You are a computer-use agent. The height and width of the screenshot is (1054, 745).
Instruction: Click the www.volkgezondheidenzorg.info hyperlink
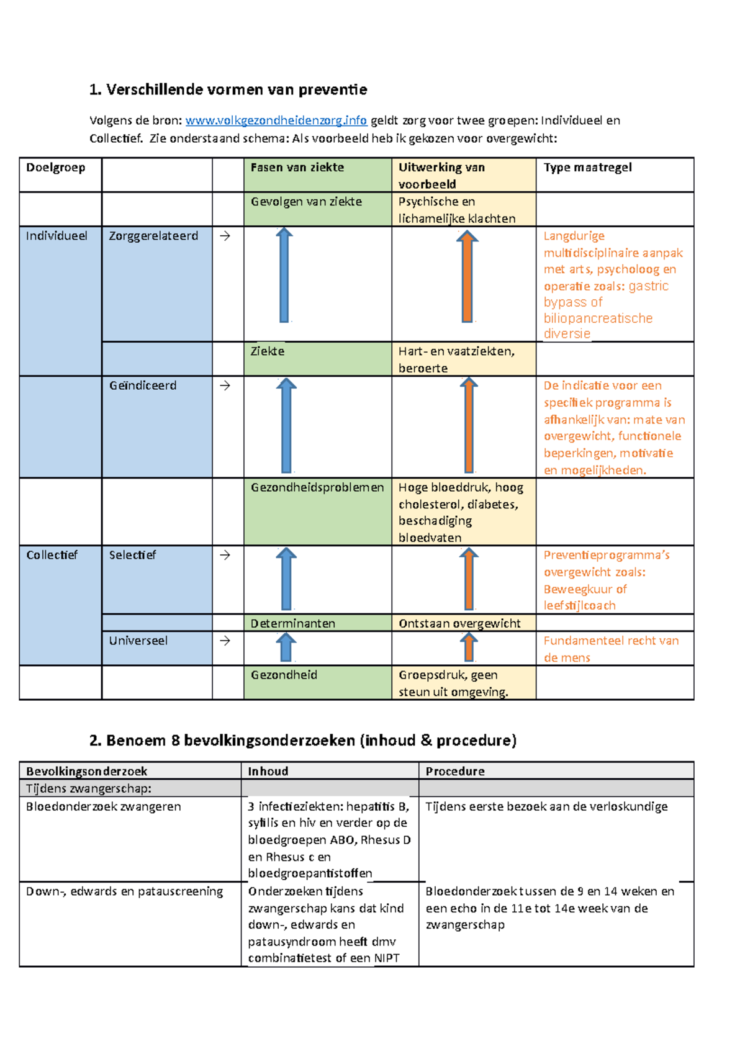[276, 120]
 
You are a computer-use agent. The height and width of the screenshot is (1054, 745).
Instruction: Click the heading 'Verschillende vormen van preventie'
[228, 89]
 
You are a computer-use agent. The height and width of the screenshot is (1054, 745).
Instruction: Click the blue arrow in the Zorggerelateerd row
[284, 275]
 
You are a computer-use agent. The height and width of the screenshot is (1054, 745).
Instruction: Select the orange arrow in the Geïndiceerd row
[469, 425]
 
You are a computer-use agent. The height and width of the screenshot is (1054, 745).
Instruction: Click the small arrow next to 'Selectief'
[225, 555]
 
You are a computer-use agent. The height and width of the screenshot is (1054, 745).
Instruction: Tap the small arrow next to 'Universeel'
[225, 641]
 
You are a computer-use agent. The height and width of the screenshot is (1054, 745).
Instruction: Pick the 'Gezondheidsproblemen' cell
[317, 488]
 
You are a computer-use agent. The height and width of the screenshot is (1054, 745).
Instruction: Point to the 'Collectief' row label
[52, 555]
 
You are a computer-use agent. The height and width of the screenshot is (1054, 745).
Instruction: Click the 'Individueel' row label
[56, 236]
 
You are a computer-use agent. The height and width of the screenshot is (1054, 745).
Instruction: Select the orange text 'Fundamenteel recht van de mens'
[611, 649]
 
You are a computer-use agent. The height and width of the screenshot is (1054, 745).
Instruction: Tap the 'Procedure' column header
[455, 771]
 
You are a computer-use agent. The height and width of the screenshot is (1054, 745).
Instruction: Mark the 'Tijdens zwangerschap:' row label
[89, 788]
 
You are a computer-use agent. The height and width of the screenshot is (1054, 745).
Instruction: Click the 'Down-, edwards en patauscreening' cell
[124, 891]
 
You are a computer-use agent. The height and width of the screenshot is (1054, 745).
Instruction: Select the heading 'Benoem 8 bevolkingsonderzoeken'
[302, 740]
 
